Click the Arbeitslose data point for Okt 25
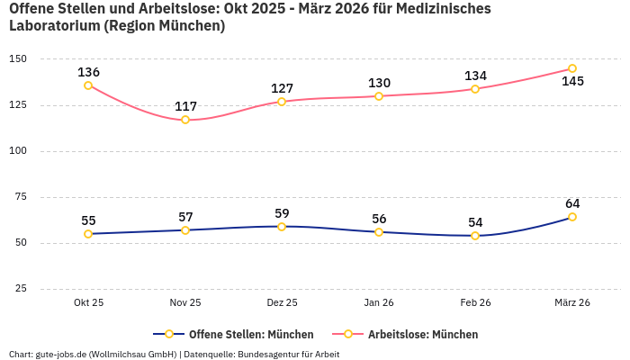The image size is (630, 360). [x=88, y=85]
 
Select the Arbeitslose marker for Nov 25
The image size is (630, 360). [x=185, y=120]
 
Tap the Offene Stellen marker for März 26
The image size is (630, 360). [x=572, y=217]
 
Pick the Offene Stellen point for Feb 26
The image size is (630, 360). [x=475, y=236]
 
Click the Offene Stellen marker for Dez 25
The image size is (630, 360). [x=282, y=227]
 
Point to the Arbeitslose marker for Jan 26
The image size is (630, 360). [x=379, y=96]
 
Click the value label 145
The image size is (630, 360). [x=572, y=82]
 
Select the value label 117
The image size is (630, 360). [x=185, y=107]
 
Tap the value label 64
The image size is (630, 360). [x=572, y=203]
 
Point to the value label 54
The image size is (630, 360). [x=475, y=222]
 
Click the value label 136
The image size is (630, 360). [x=88, y=72]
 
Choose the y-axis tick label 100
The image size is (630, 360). [x=18, y=151]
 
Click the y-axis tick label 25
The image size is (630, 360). [x=21, y=289]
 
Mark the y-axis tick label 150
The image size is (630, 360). [x=18, y=59]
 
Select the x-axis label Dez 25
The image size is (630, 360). [x=282, y=303]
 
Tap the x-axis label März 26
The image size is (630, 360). [x=572, y=303]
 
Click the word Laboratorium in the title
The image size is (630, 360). [x=54, y=26]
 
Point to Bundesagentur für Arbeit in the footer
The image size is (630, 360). [x=289, y=354]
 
